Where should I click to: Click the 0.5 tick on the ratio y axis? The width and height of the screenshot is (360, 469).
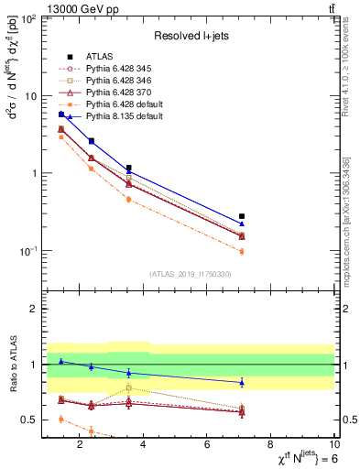click(x=27, y=420)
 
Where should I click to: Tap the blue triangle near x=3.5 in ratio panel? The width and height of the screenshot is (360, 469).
click(x=128, y=373)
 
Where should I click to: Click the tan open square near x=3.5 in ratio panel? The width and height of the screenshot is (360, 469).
click(x=128, y=387)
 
